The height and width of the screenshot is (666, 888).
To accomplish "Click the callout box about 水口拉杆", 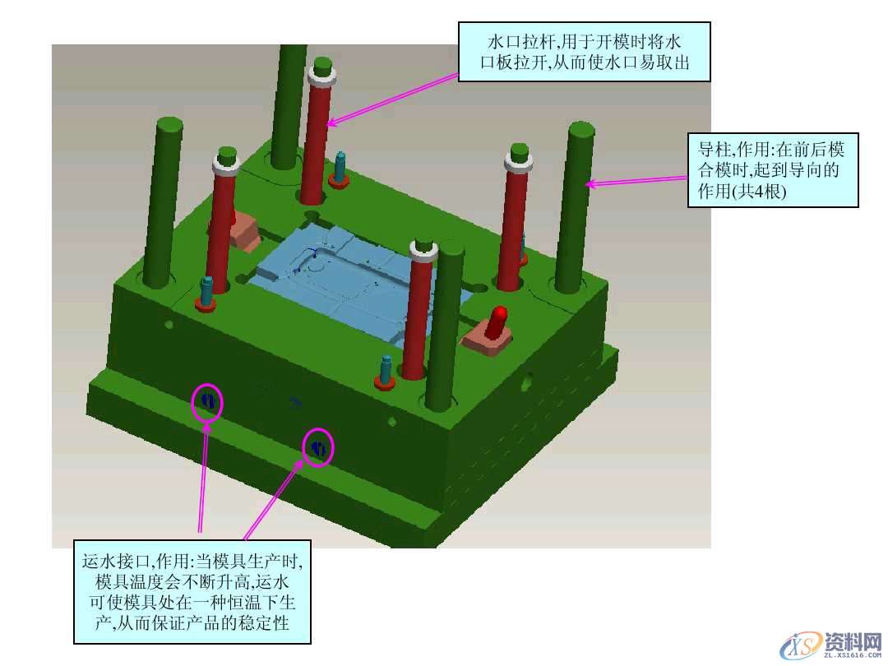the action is pyautogui.click(x=584, y=52).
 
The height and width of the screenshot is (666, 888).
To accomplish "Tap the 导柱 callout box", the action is pyautogui.click(x=772, y=170).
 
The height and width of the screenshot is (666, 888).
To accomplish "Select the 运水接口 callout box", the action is pyautogui.click(x=192, y=591).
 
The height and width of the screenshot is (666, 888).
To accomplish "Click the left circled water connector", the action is pyautogui.click(x=207, y=402).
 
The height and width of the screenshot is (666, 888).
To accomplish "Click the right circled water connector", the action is pyautogui.click(x=317, y=447).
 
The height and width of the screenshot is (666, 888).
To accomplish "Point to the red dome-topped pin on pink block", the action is pyautogui.click(x=499, y=321).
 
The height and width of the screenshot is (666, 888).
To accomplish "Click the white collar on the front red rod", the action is pyautogui.click(x=423, y=250).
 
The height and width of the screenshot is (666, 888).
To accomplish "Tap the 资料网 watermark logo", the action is pyautogui.click(x=831, y=645).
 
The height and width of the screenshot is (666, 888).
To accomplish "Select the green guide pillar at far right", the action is pyautogui.click(x=574, y=207).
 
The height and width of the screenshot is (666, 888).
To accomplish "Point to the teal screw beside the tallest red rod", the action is pyautogui.click(x=339, y=169).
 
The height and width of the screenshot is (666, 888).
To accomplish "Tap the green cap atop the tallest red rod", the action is pyautogui.click(x=322, y=66).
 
